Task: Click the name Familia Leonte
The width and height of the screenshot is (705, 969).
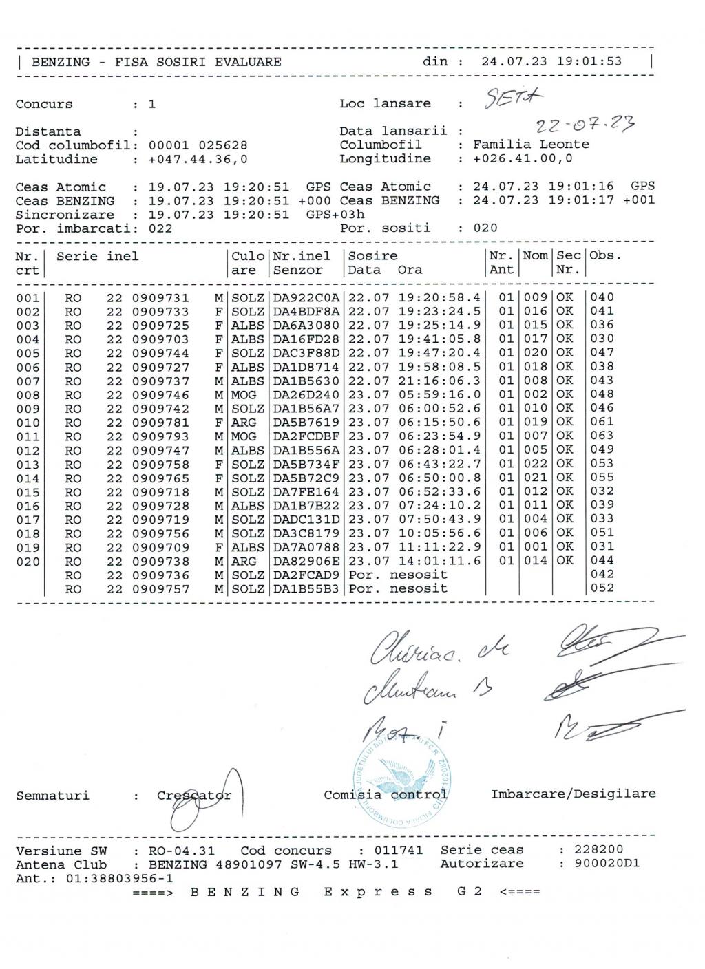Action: (531, 145)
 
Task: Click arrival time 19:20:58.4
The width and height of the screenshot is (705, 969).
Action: (439, 297)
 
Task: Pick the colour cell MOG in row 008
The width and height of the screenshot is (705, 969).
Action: (244, 394)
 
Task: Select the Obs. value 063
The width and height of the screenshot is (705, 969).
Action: (602, 436)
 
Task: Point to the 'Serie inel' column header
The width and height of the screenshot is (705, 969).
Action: (97, 256)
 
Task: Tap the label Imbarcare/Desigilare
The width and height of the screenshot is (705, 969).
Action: (573, 794)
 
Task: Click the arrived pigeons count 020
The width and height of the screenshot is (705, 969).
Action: (485, 228)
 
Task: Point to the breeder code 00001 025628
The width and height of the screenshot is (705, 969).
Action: (198, 145)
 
